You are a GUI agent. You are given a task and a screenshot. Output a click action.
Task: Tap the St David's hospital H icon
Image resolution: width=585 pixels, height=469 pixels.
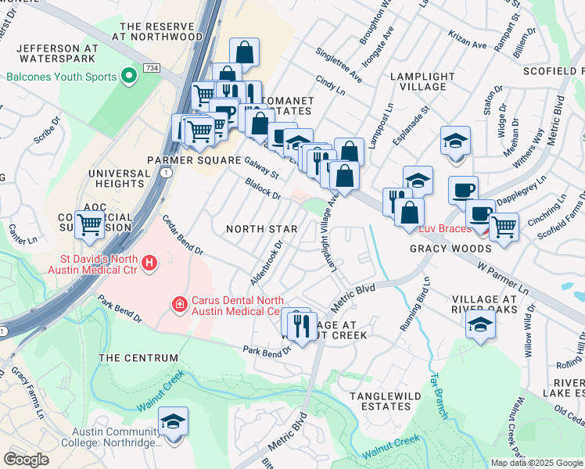[x=149, y=264]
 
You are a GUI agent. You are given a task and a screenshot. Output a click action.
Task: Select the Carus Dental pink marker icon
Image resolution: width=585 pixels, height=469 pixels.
[x=179, y=303]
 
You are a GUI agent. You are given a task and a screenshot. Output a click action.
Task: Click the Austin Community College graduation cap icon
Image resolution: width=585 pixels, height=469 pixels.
[x=173, y=422]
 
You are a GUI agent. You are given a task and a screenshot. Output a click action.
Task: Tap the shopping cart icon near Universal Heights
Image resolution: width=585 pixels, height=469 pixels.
[x=90, y=224]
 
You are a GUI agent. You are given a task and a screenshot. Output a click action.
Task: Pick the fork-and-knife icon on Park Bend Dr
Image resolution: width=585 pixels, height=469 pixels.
[x=301, y=324]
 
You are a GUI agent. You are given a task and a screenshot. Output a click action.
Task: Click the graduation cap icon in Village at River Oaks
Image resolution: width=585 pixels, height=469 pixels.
[x=479, y=324]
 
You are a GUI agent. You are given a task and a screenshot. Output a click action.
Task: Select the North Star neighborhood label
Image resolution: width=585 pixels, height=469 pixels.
[x=261, y=229]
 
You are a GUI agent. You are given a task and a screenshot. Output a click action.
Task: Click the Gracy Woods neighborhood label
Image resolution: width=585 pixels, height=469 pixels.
[x=439, y=249]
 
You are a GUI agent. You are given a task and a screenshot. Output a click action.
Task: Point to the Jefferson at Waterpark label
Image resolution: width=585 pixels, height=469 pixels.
[x=55, y=52]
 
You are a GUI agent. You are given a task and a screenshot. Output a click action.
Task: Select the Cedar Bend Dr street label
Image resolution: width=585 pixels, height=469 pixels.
[x=183, y=237]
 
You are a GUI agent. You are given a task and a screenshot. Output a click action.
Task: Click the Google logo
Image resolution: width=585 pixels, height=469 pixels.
[x=26, y=460]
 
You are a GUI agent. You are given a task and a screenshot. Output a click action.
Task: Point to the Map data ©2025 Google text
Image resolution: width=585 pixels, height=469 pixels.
[x=537, y=463]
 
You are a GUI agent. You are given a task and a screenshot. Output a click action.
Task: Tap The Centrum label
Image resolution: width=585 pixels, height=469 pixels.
[x=130, y=358]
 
